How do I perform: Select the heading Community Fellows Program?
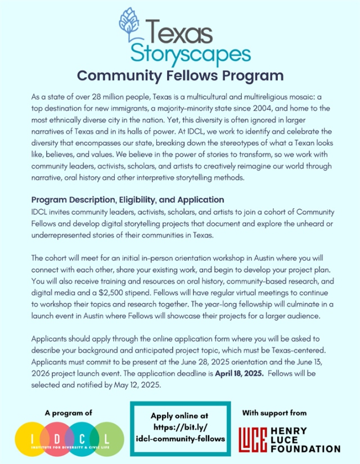pyautogui.click(x=180, y=75)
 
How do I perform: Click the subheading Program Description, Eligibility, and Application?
pyautogui.click(x=128, y=200)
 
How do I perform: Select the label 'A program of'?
pyautogui.click(x=69, y=413)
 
